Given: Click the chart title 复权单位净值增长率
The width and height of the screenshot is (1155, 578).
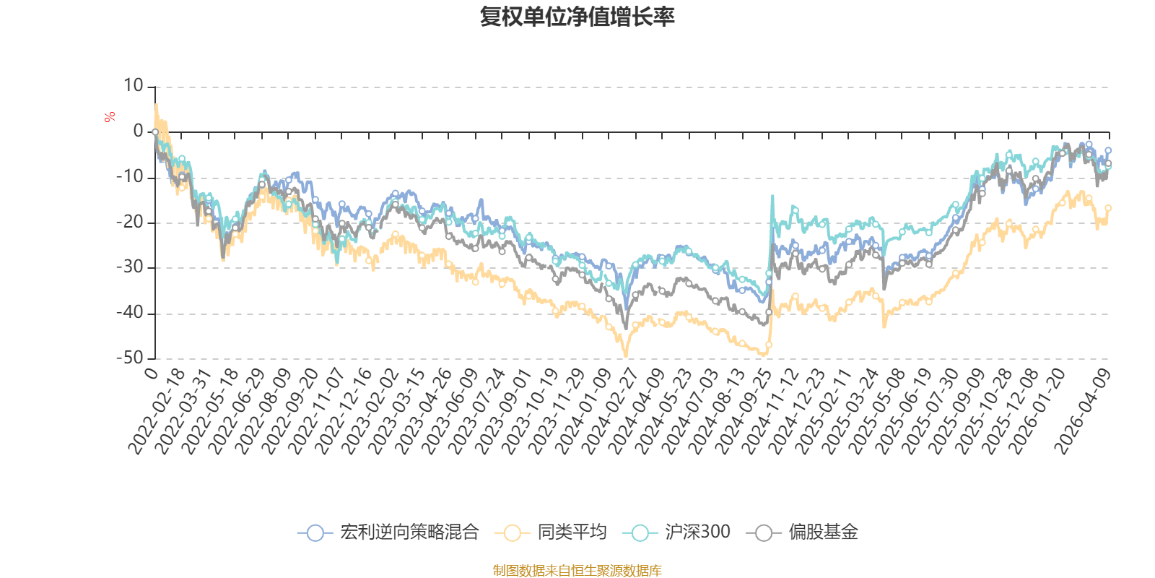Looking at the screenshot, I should [x=577, y=17].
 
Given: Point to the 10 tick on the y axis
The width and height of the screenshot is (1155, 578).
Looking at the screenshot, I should [x=134, y=86].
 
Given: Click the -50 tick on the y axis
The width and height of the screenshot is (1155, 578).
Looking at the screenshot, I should [x=129, y=358].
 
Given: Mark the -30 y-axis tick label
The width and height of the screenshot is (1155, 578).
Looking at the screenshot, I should [x=129, y=267].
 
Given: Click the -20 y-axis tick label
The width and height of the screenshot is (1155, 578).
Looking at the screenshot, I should [x=129, y=223].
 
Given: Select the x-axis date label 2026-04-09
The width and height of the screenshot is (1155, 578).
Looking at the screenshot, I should [x=1082, y=413].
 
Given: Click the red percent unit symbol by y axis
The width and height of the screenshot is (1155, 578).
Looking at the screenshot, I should [x=110, y=117].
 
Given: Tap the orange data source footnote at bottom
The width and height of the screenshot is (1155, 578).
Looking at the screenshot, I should [x=577, y=571].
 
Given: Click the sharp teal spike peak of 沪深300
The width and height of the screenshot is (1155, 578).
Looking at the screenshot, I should [x=772, y=195].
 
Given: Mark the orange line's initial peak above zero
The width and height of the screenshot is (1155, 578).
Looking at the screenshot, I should [x=156, y=105].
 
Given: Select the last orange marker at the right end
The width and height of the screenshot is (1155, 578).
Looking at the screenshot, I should [x=1109, y=208].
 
